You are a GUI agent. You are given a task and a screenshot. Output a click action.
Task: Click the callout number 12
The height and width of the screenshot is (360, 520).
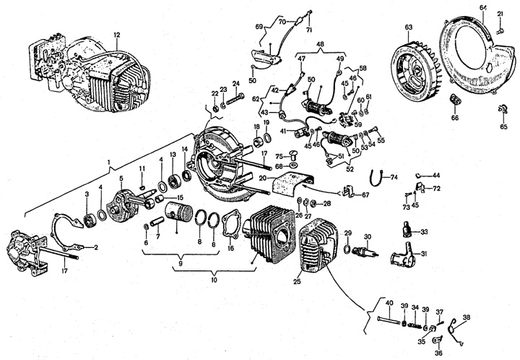[x=117, y=35]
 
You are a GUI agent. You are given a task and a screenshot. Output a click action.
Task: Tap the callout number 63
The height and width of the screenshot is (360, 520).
[x=409, y=27]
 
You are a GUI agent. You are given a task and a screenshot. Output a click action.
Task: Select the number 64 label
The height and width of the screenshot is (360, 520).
[x=483, y=8]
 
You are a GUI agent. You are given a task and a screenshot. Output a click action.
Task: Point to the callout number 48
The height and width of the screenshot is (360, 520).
[x=321, y=45]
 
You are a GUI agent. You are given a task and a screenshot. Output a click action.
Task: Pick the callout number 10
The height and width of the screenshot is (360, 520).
[x=214, y=280]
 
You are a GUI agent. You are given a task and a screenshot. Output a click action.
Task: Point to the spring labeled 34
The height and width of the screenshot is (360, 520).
[x=415, y=325]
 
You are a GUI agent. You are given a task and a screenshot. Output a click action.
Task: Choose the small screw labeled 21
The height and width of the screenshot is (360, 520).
[x=500, y=31]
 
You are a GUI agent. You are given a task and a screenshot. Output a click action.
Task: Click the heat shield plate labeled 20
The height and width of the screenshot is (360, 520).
[x=291, y=184]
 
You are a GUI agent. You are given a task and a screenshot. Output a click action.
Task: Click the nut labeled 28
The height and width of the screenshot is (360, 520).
[x=316, y=202]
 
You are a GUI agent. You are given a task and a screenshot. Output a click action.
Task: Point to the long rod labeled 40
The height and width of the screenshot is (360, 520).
[x=389, y=321]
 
